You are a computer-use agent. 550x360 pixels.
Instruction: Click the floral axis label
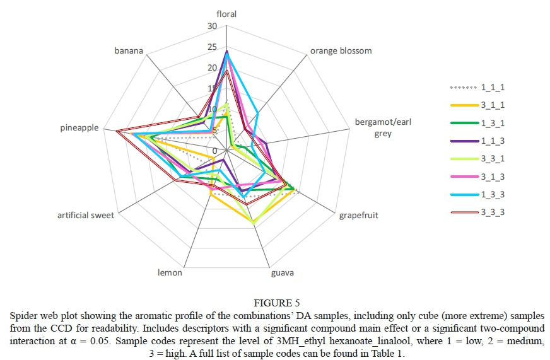[x=226, y=13]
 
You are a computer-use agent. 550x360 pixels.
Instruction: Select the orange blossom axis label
[x=341, y=50]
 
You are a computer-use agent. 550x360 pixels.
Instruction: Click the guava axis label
[x=282, y=273]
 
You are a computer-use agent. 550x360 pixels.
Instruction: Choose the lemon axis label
[x=170, y=273]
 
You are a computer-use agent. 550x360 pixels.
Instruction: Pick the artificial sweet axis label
[x=86, y=216]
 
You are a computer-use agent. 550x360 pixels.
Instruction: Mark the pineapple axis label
[x=79, y=128]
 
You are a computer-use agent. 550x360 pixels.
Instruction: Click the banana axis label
[x=129, y=50]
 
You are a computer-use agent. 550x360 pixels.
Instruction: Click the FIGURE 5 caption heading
[x=275, y=302]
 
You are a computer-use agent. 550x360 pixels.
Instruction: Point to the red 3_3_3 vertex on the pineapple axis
[x=117, y=131]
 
